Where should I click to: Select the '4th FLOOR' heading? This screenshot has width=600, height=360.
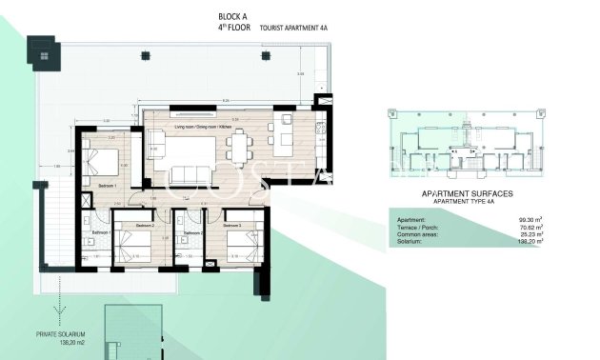[x=233, y=29]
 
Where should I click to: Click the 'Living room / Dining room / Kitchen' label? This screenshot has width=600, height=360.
[x=204, y=127]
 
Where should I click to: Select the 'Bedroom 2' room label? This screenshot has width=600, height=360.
[x=145, y=226]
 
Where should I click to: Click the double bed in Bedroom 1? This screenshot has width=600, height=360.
[x=101, y=160]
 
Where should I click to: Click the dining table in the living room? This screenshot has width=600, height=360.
[x=238, y=145]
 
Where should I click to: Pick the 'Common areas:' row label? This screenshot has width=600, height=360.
[x=415, y=234]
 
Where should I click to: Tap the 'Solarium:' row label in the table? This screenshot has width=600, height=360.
[x=410, y=241]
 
